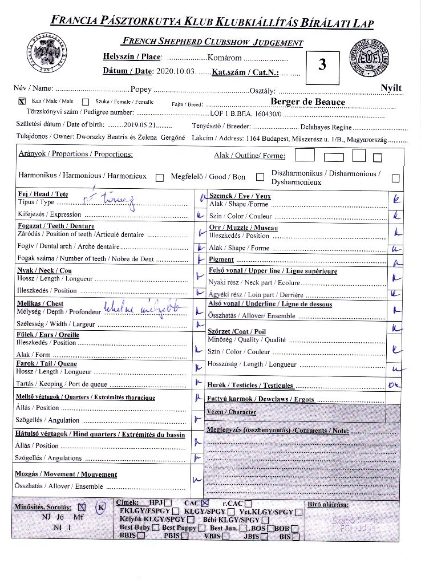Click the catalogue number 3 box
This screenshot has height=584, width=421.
[322, 64]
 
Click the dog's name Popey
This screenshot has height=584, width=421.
[140, 89]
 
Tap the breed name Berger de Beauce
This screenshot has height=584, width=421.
[307, 102]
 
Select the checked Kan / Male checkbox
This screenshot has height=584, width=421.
[22, 102]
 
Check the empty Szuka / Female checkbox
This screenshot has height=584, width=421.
[86, 102]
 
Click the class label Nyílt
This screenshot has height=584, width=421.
[391, 88]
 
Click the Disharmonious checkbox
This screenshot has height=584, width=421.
[395, 178]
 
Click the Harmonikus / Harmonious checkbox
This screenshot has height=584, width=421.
[160, 177]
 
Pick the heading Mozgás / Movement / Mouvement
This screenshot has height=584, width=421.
[66, 474]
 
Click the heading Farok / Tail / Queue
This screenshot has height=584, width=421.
[46, 363]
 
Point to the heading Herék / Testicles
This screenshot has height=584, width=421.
[250, 386]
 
